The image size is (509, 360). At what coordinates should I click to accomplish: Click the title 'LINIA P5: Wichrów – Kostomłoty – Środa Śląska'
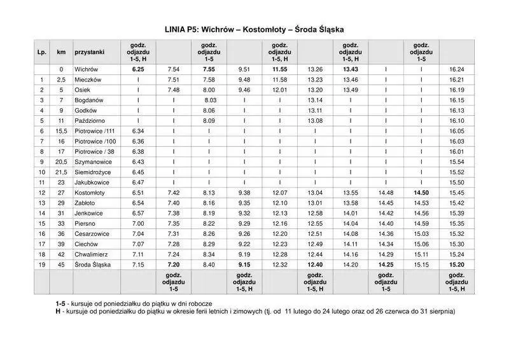(x=254, y=29)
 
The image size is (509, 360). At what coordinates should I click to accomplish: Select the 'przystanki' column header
(x=89, y=52)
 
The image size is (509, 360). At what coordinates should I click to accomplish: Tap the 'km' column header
(x=61, y=52)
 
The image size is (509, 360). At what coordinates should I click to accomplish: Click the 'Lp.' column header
(x=41, y=52)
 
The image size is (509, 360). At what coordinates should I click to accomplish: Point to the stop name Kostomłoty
(x=89, y=192)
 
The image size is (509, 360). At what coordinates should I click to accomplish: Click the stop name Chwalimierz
(x=91, y=254)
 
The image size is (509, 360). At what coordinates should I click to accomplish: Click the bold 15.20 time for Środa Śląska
(x=456, y=264)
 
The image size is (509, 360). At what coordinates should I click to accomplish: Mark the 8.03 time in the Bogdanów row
(x=210, y=100)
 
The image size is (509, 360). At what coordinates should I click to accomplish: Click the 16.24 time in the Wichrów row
(x=456, y=69)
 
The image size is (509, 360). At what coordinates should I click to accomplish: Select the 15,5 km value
(x=61, y=130)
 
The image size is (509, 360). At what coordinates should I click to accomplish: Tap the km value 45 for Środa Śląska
(x=61, y=264)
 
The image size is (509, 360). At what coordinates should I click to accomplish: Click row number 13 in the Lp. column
(x=41, y=202)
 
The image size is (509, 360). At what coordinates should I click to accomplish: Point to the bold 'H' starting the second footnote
(x=58, y=312)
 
